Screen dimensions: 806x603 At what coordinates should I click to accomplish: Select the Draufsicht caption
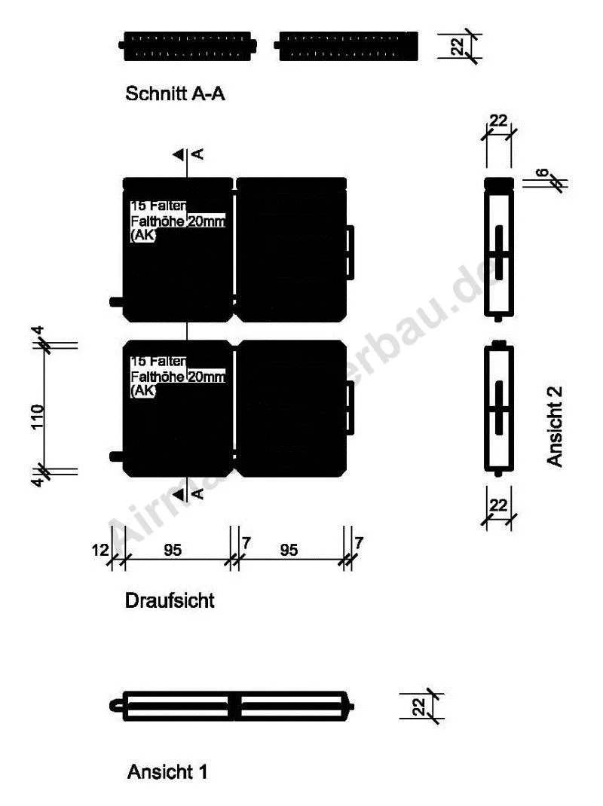click(x=170, y=600)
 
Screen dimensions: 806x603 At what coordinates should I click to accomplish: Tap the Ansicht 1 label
click(x=167, y=771)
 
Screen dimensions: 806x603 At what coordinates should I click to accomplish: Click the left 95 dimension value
click(x=173, y=551)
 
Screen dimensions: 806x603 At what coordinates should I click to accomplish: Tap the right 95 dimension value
click(x=289, y=551)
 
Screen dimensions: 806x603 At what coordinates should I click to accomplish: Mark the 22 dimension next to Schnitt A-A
click(x=458, y=47)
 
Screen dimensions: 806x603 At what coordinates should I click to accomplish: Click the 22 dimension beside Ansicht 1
click(x=420, y=707)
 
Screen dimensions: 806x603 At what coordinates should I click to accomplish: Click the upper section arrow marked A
click(x=179, y=154)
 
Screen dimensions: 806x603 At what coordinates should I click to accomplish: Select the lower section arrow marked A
click(x=179, y=494)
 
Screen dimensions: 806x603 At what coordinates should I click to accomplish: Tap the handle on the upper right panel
click(x=350, y=251)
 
